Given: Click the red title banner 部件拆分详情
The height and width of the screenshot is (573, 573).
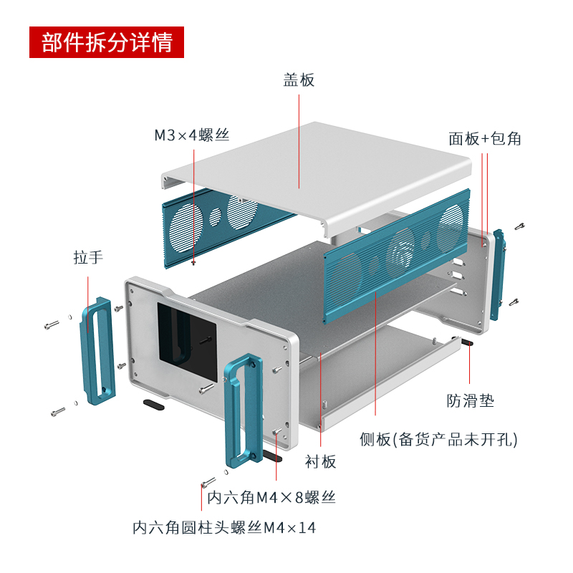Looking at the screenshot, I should click(107, 43).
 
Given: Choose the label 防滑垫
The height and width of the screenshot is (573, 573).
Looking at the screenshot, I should click(471, 400).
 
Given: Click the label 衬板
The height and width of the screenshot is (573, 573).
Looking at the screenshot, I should click(321, 461).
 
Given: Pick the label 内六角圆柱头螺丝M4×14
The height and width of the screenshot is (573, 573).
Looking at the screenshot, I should click(224, 528).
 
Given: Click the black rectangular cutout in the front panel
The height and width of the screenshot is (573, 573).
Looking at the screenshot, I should click(186, 341).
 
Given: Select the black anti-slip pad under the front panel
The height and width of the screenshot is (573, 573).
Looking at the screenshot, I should click(153, 405).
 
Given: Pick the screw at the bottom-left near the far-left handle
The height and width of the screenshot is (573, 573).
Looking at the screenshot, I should click(57, 412).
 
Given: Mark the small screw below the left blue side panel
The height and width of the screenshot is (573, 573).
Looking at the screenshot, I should click(194, 263).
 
